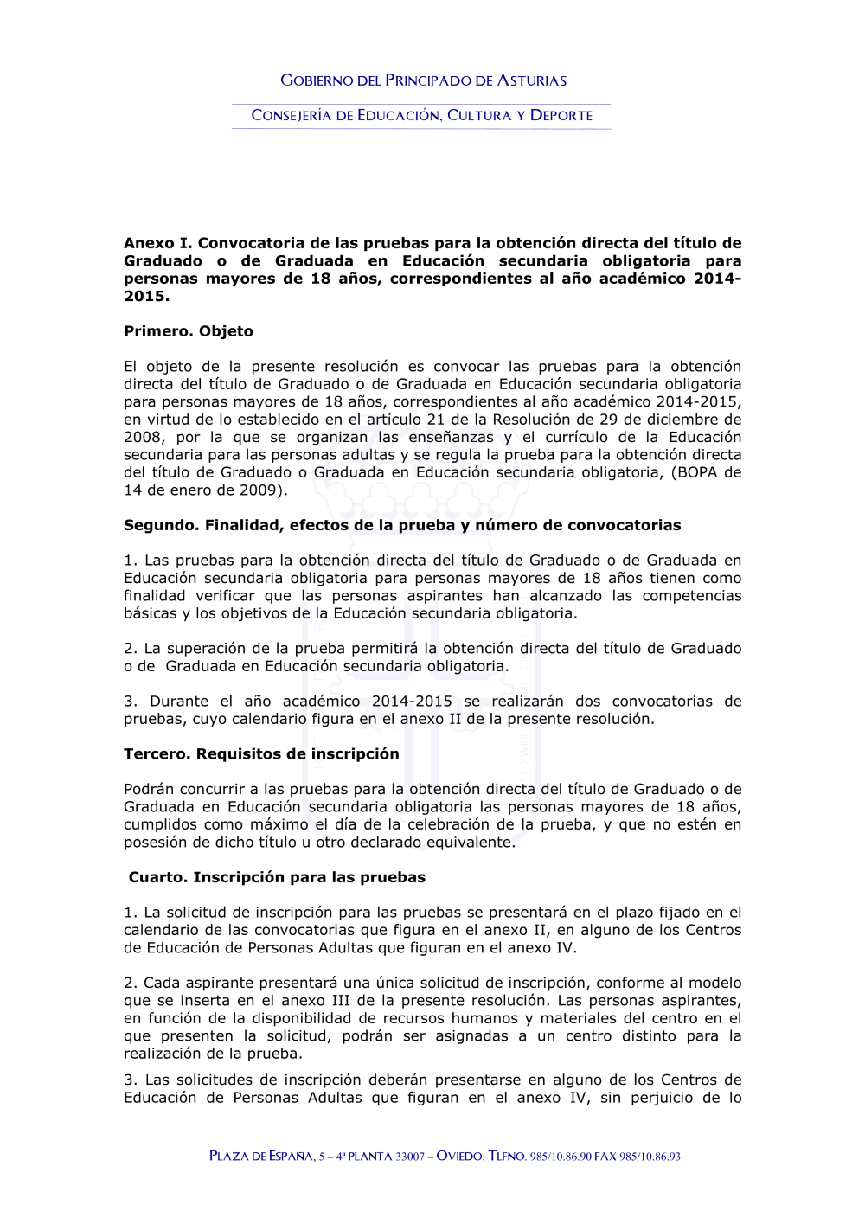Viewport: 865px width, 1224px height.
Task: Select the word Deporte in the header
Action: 561,115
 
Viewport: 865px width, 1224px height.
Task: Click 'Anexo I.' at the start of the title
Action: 157,243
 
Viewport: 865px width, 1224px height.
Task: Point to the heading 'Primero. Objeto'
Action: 189,331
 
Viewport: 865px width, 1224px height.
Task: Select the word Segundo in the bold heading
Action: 158,525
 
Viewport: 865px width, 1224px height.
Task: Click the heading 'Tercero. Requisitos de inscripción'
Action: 261,753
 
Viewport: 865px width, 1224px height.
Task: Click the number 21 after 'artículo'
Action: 436,420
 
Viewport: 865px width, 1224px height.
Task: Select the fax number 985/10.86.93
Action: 650,1157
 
